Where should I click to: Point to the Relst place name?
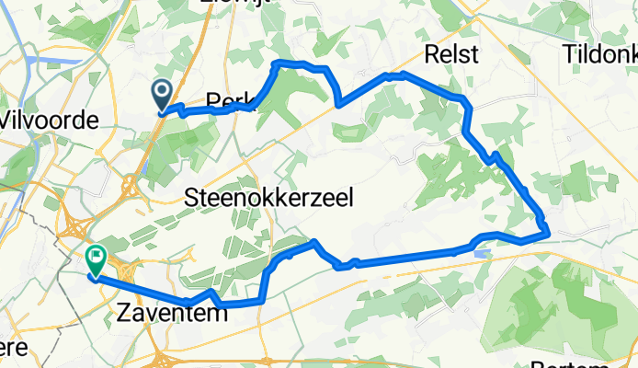point(450,54)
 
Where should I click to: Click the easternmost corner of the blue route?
point(548,231)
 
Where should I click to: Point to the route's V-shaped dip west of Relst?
point(338,104)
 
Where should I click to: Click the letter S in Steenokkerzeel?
point(192,198)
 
